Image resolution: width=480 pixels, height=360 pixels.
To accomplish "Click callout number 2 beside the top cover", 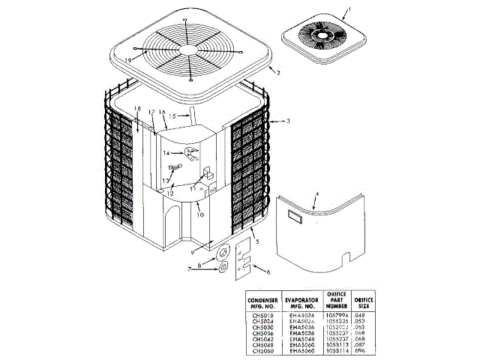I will click(x=278, y=73).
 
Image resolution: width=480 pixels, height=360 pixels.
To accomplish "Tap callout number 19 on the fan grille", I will click(x=128, y=60).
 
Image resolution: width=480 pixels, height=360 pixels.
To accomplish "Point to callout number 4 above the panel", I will click(x=316, y=193).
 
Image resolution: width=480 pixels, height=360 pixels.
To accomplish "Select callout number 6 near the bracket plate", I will click(x=269, y=272).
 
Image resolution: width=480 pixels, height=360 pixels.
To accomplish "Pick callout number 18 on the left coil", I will click(x=136, y=109).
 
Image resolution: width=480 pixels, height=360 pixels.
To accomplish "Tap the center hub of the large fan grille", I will click(x=192, y=48).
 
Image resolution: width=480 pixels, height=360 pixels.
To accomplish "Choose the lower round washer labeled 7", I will click(x=223, y=268).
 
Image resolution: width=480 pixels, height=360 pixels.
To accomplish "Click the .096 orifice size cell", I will click(x=364, y=351).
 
